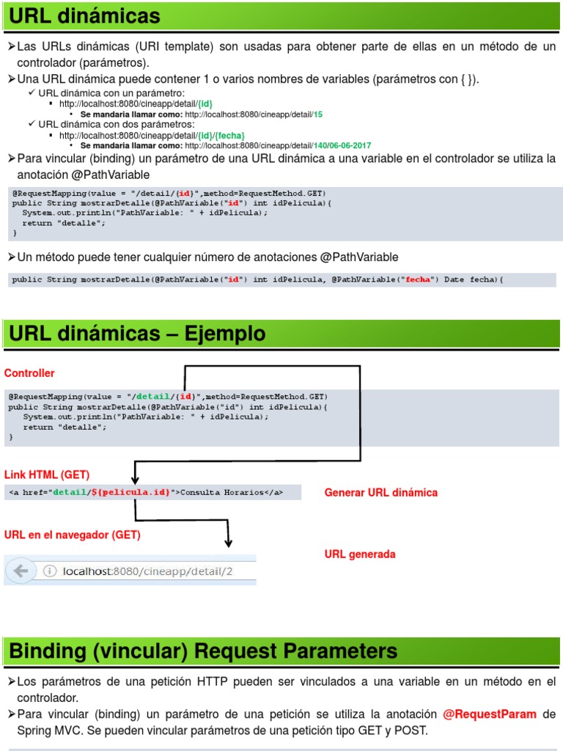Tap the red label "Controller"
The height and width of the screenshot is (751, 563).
point(29,373)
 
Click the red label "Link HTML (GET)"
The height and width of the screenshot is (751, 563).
point(47,475)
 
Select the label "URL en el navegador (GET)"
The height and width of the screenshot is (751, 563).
point(73,535)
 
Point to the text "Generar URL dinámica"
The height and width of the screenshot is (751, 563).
point(380,492)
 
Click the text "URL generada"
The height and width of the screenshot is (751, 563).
point(360,554)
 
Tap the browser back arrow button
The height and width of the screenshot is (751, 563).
point(21,571)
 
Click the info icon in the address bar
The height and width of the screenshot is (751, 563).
point(50,571)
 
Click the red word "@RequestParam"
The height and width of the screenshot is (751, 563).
point(490,714)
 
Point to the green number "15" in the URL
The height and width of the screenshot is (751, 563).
point(318,114)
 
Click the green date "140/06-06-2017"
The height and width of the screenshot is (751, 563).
point(341,145)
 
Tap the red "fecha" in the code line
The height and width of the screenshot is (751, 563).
point(418,279)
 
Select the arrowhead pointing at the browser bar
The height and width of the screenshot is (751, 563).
point(229,543)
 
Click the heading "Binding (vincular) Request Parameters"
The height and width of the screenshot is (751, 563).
point(204,651)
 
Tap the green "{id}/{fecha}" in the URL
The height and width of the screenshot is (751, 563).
point(221,136)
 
